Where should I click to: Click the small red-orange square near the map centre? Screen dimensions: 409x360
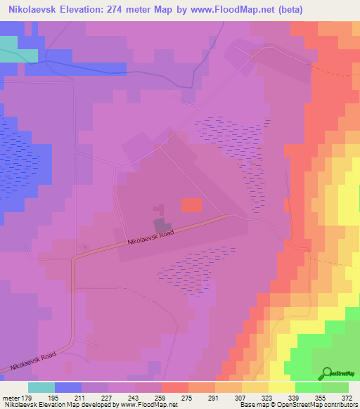[x=191, y=204]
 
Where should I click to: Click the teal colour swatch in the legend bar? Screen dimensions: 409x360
[x=41, y=387]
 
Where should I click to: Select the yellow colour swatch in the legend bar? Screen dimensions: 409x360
[x=281, y=387]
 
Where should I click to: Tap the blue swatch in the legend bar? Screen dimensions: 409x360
[x=67, y=387]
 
